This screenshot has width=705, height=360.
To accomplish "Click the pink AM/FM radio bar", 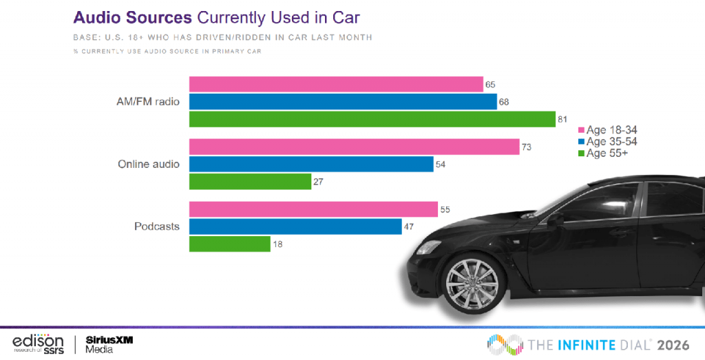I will [x=336, y=84].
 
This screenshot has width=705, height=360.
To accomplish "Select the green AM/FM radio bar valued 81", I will [x=372, y=119].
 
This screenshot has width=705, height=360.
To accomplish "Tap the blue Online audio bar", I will [x=311, y=165].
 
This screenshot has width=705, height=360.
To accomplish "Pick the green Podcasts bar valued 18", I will [x=229, y=244].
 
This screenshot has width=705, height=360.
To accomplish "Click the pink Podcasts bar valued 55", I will [x=313, y=209].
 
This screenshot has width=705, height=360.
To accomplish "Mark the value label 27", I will [x=319, y=182].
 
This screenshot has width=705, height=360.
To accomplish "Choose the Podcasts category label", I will [x=158, y=226].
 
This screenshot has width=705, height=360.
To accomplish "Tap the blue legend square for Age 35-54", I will [x=581, y=142].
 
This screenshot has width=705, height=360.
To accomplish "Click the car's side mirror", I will [x=554, y=220].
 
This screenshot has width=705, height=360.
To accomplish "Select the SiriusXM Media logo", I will [x=109, y=343].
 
